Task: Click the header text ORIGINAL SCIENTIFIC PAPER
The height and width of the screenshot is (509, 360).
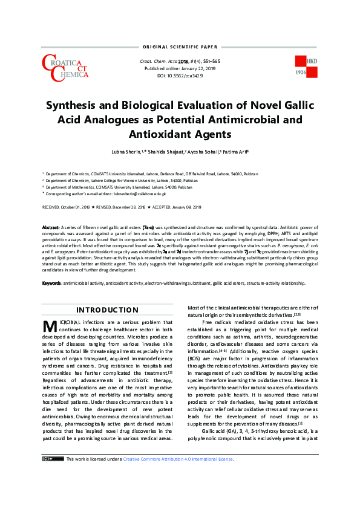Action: (179, 46)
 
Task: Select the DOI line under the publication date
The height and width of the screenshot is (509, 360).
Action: (179, 76)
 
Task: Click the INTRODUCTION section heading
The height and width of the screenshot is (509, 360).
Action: (107, 310)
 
